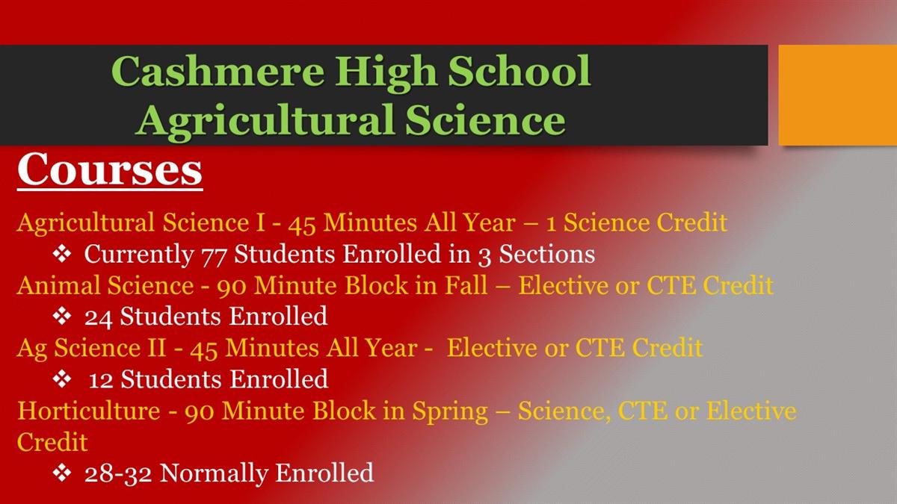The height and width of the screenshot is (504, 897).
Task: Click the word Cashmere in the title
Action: pyautogui.click(x=218, y=71)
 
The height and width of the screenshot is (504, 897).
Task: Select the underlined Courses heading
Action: pyautogui.click(x=110, y=169)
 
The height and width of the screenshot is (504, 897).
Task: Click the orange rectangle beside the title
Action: pyautogui.click(x=838, y=96)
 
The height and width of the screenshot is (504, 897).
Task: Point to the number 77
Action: pyautogui.click(x=214, y=255)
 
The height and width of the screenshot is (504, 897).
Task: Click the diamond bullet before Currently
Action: pyautogui.click(x=62, y=254)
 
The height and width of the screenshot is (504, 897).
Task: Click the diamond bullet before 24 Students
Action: pyautogui.click(x=62, y=316)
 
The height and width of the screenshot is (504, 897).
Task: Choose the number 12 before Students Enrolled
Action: pyautogui.click(x=100, y=380)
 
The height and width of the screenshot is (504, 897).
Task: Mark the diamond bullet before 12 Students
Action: pyautogui.click(x=62, y=379)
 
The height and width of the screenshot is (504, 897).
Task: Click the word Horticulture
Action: pyautogui.click(x=89, y=411)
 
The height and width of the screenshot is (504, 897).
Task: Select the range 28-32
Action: pyautogui.click(x=118, y=473)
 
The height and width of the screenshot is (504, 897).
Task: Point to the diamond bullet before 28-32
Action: pyautogui.click(x=62, y=473)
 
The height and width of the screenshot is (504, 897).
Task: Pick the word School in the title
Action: pyautogui.click(x=519, y=71)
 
